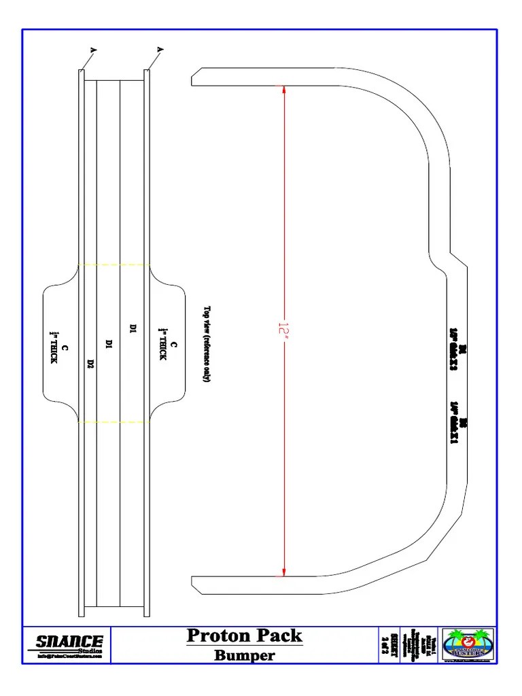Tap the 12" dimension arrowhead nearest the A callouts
tap(283, 90)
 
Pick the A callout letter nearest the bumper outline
tap(160, 50)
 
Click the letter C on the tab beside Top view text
tap(174, 345)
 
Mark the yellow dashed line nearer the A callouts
tap(114, 264)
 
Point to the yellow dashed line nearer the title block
tap(114, 422)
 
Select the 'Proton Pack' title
tap(245, 636)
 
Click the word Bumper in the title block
tap(245, 655)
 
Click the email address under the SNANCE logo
tap(69, 656)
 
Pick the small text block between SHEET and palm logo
tap(419, 644)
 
